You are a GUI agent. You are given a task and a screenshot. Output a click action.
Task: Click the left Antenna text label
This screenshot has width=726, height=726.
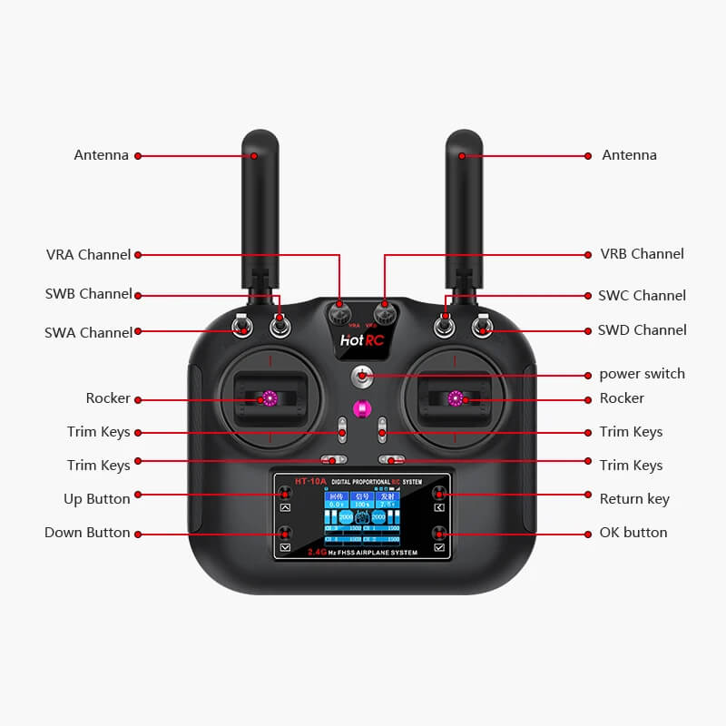pyautogui.click(x=101, y=155)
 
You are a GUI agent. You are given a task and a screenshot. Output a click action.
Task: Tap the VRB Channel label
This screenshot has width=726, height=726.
pyautogui.click(x=642, y=254)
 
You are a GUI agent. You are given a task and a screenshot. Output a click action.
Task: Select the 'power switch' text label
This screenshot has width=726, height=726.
pyautogui.click(x=642, y=374)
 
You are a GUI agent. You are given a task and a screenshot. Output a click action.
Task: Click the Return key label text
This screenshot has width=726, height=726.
pyautogui.click(x=634, y=498)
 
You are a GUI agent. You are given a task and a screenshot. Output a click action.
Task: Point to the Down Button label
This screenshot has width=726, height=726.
pyautogui.click(x=87, y=533)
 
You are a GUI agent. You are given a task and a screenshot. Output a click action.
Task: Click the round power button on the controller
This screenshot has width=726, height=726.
pyautogui.click(x=362, y=376)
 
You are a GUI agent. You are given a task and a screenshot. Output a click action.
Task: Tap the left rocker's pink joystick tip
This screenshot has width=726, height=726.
pyautogui.click(x=270, y=397)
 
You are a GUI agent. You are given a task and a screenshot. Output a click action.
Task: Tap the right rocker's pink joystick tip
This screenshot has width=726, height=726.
pyautogui.click(x=456, y=397)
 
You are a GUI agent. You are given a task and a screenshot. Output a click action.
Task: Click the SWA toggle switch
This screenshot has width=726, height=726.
pyautogui.click(x=242, y=326)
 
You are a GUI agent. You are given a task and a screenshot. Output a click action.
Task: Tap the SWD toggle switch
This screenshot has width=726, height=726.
pyautogui.click(x=484, y=326)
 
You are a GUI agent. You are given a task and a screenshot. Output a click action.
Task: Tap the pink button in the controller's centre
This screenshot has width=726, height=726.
pyautogui.click(x=362, y=408)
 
